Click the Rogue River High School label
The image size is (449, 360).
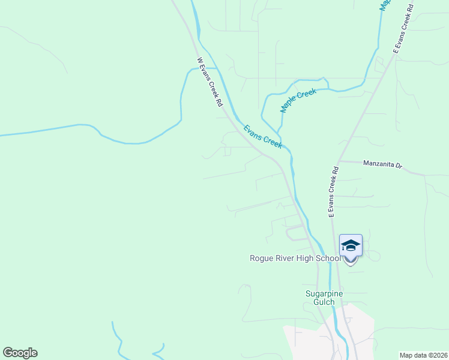pos(295,258)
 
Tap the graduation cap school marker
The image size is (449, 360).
pos(351,246)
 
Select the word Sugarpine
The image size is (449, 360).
pos(324,293)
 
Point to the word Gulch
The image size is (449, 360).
pos(324,302)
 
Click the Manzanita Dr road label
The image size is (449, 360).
pos(382,164)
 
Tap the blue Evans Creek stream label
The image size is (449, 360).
pos(262,136)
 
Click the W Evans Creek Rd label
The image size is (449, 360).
pos(210,82)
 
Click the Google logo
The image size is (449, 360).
pos(20,353)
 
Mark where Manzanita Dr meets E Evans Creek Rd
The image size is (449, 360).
pos(339,161)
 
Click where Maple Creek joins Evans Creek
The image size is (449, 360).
pos(279,131)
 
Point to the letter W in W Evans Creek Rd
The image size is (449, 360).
pos(199,60)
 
